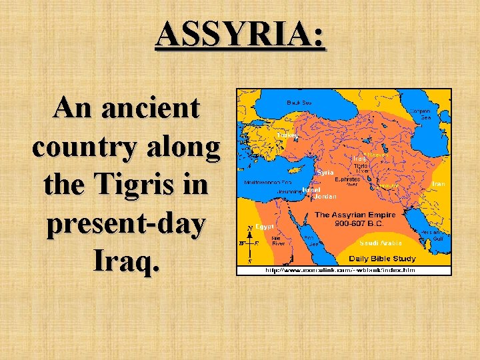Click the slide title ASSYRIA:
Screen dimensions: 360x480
coord(240,35)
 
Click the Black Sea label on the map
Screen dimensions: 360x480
coord(299,103)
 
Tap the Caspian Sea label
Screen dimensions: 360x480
coord(425,114)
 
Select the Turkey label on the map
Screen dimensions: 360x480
coord(287,135)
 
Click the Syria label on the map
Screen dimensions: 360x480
coord(325,172)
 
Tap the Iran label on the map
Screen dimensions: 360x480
coord(438,183)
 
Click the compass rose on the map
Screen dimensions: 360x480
coord(249,243)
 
